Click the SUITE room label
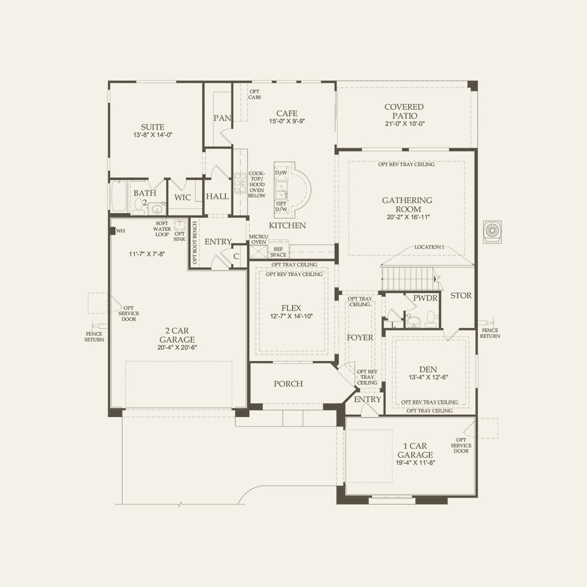(x=152, y=127)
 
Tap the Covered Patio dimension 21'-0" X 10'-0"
(x=404, y=124)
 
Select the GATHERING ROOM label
(x=407, y=205)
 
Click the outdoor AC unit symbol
(x=492, y=231)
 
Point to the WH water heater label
(x=121, y=231)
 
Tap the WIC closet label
(x=183, y=197)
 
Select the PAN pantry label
(x=222, y=118)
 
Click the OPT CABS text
(x=255, y=95)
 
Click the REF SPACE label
(x=278, y=252)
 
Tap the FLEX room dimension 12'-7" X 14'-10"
(x=291, y=316)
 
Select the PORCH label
(x=288, y=384)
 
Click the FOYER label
(x=360, y=338)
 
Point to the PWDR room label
(x=425, y=298)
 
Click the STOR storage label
(x=461, y=295)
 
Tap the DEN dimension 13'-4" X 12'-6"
(x=428, y=378)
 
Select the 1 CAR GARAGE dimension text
(x=415, y=463)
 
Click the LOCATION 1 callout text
(x=429, y=247)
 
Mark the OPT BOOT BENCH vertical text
(x=195, y=242)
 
